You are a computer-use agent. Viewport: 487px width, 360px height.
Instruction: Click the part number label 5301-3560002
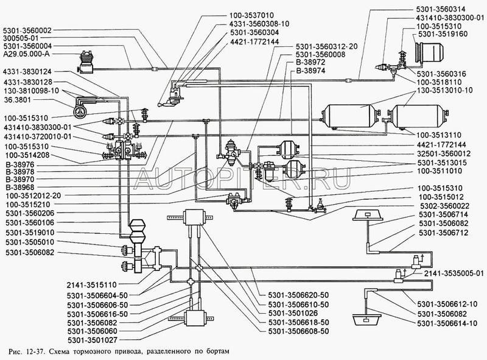tap(27, 29)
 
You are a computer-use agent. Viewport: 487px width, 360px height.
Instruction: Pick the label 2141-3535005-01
tap(452, 273)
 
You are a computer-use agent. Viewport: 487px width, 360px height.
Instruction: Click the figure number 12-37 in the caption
tap(38, 353)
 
